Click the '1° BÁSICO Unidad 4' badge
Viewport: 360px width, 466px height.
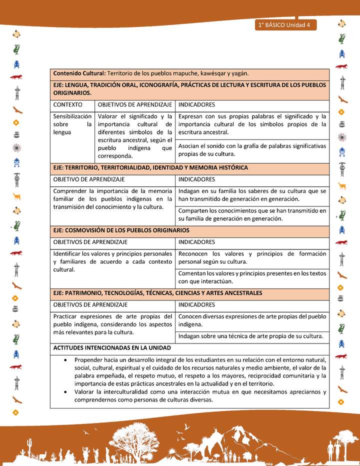[x=284, y=25]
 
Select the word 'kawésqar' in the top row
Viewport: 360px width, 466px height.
[x=213, y=73]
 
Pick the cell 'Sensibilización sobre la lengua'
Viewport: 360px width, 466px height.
[x=72, y=124]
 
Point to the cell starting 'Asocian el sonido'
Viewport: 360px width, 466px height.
[x=252, y=150]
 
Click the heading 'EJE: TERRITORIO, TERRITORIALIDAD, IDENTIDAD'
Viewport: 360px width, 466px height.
[x=150, y=168]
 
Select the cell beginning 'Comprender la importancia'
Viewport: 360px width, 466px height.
[x=112, y=199]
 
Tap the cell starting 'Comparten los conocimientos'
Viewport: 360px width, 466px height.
[x=252, y=214]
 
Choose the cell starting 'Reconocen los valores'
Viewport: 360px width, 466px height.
[x=252, y=257]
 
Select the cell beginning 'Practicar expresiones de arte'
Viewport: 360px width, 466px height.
[x=112, y=324]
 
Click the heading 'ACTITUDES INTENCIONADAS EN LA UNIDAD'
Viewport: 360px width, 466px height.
[x=112, y=347]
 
